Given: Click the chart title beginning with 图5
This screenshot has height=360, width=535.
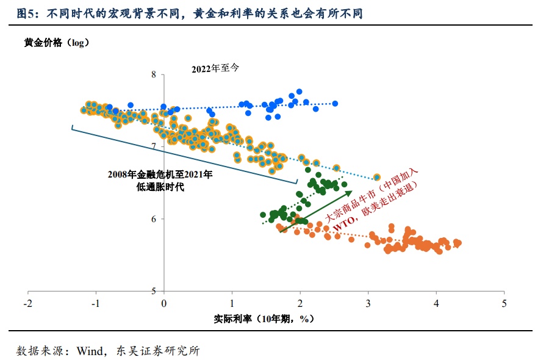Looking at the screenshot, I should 190,13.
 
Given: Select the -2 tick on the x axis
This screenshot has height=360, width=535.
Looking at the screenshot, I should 27,303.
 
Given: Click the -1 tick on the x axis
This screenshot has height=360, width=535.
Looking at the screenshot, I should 95,303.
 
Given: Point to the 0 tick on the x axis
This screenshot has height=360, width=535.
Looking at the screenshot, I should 163,303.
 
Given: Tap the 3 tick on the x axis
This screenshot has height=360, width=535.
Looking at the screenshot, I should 368,303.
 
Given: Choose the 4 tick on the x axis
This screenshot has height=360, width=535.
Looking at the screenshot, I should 436,303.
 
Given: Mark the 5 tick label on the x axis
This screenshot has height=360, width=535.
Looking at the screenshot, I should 504,303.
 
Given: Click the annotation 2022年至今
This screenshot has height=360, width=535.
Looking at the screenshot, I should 215,68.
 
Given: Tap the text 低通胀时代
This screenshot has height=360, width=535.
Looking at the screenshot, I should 160,187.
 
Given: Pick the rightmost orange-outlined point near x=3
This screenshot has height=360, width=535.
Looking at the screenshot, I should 376,177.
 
